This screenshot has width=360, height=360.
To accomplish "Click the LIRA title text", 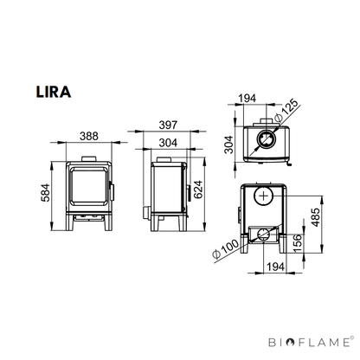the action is coord(54,92).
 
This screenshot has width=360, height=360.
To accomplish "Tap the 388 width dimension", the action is coord(89,136).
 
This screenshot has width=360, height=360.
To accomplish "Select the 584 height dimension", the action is coord(46,193).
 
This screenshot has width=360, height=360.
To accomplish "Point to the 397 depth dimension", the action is coord(168,125).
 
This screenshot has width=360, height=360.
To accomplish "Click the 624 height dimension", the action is coord(198,190).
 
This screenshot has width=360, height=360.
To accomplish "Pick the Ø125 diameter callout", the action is coord(286,112).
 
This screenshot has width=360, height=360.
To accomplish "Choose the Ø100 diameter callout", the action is coord(226,248).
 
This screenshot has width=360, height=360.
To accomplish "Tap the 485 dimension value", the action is coord(316,217).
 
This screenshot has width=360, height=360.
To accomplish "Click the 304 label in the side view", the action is coord(168,143).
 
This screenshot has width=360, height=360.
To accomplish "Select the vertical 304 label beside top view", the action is coord(229,145).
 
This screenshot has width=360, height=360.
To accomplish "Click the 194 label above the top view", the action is coord(247,99).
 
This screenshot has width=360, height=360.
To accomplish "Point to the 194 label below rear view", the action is coord(275,267).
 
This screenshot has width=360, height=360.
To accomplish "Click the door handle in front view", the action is coord(112,191).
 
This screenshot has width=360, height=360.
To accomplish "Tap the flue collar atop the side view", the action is coord(164,159).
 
